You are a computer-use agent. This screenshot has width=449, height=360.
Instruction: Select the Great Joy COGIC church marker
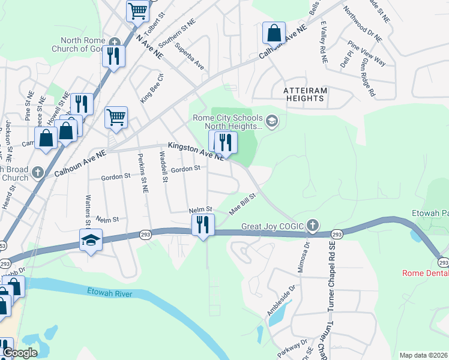[x=312, y=226]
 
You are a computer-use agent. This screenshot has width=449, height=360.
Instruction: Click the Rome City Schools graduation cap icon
[x=272, y=122]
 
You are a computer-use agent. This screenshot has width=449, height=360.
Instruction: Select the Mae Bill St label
[x=243, y=203]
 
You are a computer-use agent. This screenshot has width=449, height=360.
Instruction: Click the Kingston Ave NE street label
[x=196, y=151]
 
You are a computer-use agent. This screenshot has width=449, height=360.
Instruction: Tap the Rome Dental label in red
[x=425, y=273]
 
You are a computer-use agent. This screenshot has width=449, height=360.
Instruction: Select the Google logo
[x=19, y=353]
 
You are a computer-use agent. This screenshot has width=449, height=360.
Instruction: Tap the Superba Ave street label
[x=188, y=56]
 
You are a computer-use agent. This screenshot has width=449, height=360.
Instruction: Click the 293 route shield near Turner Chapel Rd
[x=337, y=234]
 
